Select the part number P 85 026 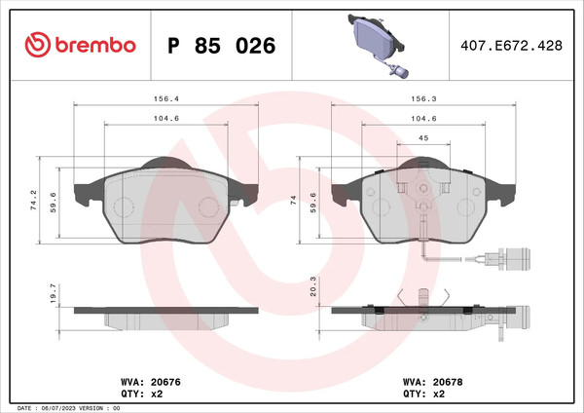pyautogui.click(x=222, y=46)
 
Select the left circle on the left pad pyautogui.click(x=124, y=207)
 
